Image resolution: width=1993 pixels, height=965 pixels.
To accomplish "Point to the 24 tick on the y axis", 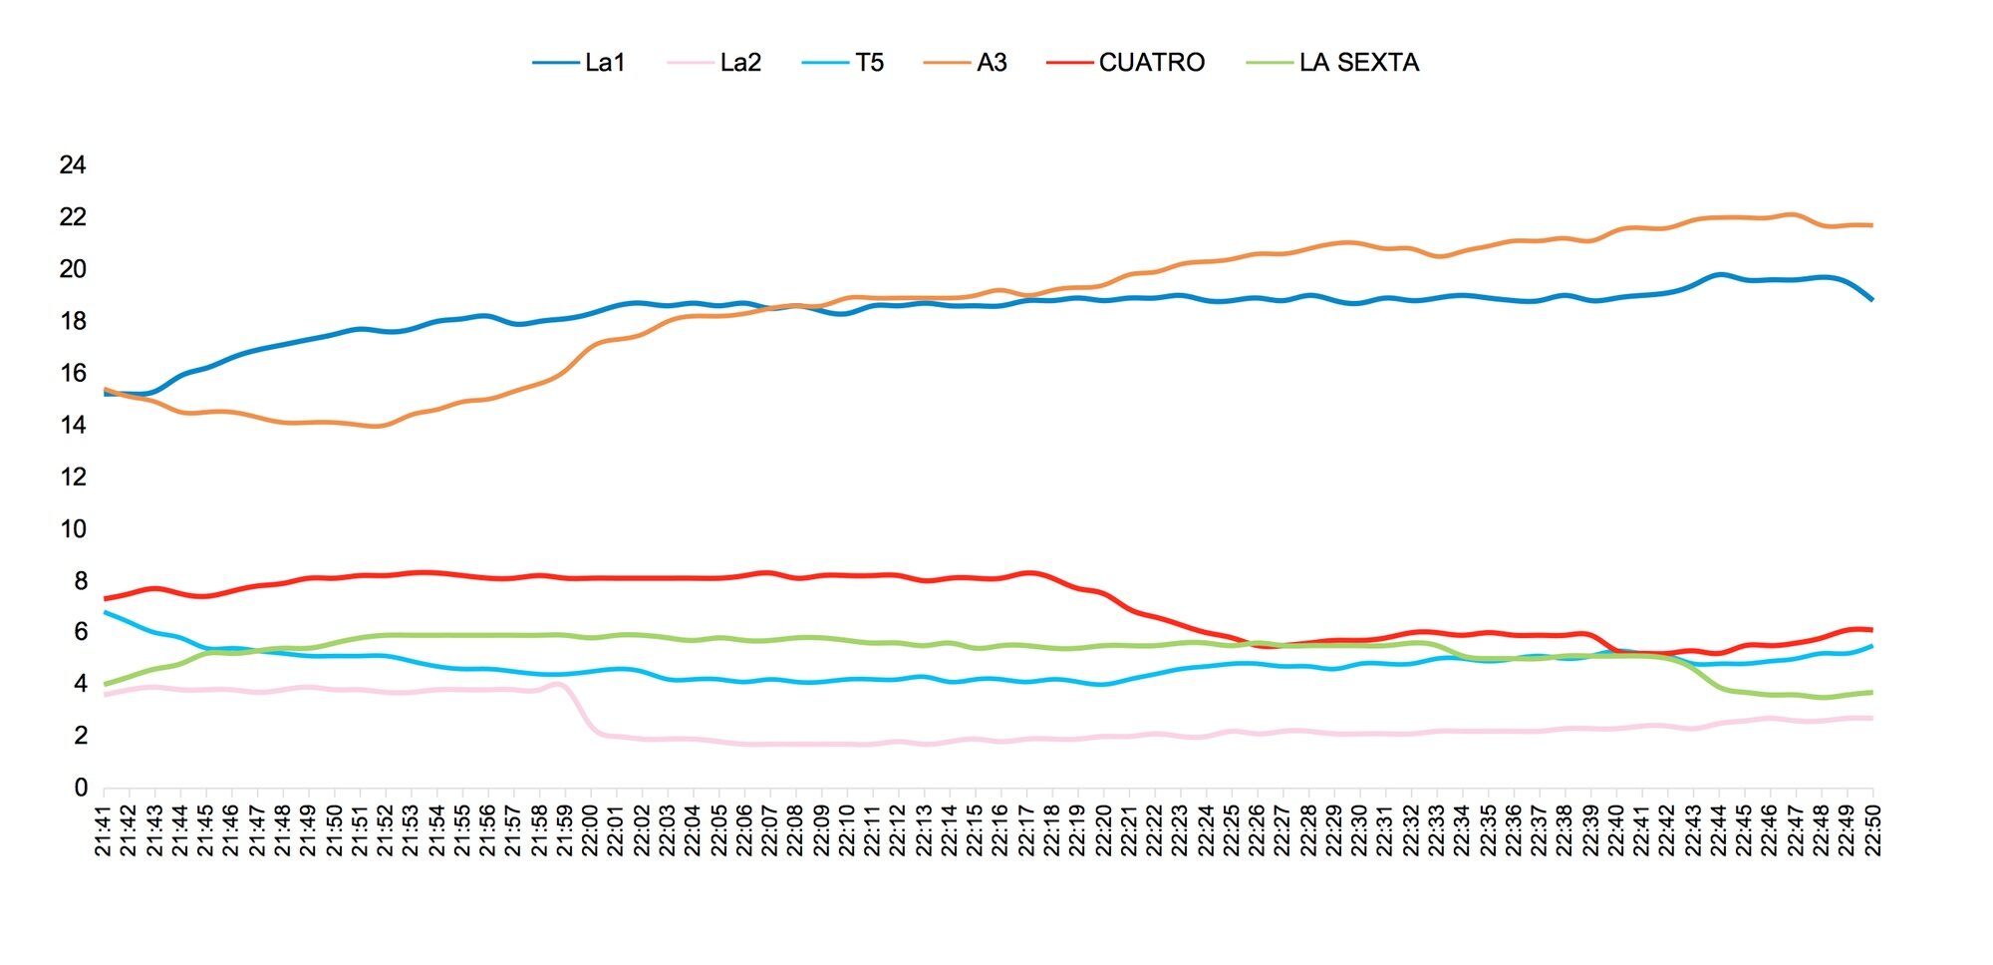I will (73, 165).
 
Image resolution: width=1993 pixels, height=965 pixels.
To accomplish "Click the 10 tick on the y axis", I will (73, 529).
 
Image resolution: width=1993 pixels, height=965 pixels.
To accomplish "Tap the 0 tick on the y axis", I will (80, 789).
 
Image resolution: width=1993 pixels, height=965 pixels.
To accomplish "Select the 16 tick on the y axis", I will (73, 374).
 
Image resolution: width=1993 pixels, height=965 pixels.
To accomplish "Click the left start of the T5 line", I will (105, 612).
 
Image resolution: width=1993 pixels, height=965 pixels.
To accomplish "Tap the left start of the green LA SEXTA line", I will (105, 684).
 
